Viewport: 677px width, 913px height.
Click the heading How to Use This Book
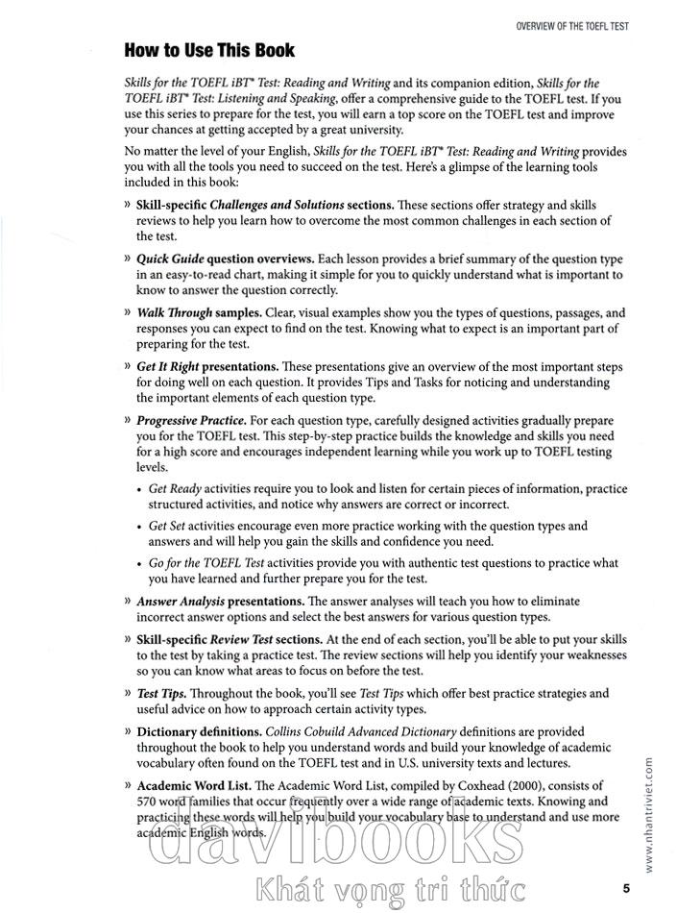click(x=209, y=50)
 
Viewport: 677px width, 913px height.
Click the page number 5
click(x=625, y=887)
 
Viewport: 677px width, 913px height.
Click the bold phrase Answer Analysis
click(x=179, y=602)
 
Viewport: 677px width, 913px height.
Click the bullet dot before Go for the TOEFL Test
click(x=140, y=563)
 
